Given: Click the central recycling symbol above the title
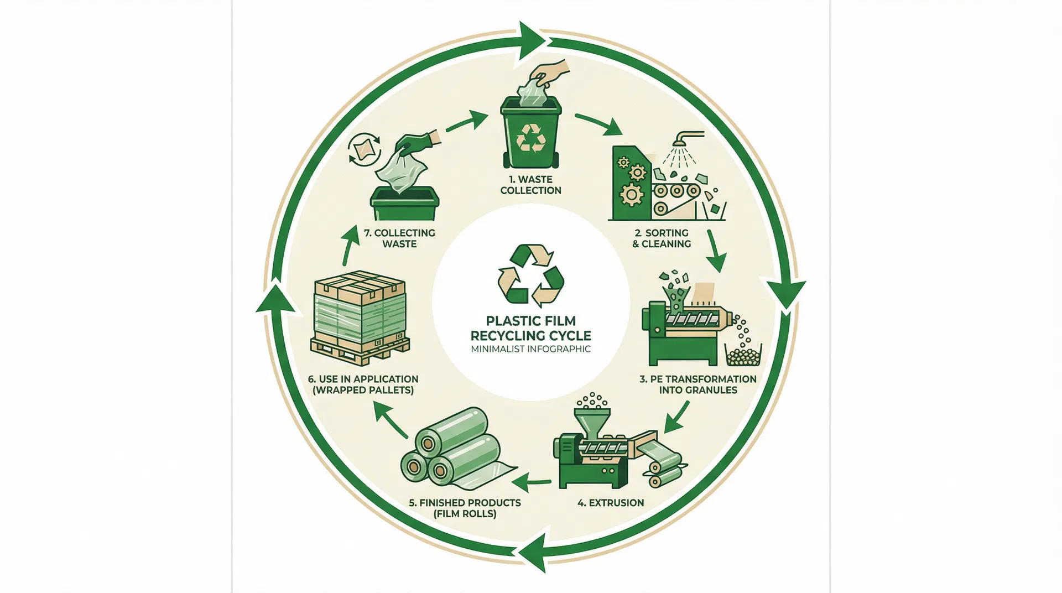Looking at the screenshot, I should click(x=531, y=275).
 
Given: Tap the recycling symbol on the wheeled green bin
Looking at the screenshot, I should click(x=530, y=138).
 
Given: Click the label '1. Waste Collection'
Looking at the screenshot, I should click(x=530, y=185).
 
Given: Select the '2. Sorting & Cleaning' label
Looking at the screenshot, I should click(x=662, y=238).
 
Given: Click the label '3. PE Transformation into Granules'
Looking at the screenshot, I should click(x=698, y=384).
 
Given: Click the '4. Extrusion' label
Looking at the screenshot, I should click(x=611, y=503).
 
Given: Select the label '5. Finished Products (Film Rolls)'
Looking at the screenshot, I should click(x=465, y=508).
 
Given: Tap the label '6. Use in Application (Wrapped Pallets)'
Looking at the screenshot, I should click(x=363, y=384).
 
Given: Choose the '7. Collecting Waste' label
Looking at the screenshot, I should click(x=399, y=238).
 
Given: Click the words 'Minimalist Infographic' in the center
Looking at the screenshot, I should click(x=530, y=349).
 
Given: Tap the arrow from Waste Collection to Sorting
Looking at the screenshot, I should click(x=600, y=124).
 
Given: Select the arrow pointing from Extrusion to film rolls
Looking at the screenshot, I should click(x=531, y=483).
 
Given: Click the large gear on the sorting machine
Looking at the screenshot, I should click(x=631, y=195).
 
